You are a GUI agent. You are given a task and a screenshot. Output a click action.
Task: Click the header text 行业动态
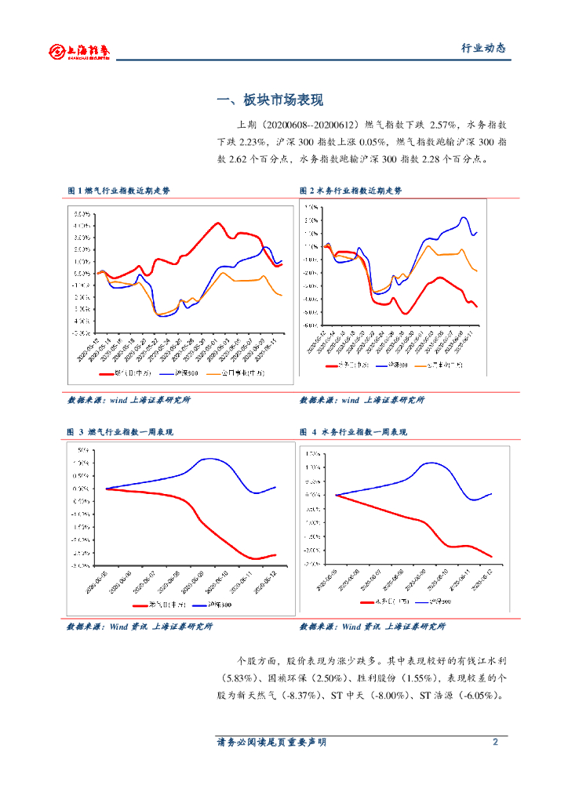(x=482, y=49)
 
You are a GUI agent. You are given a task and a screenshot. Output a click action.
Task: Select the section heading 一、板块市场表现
(x=270, y=100)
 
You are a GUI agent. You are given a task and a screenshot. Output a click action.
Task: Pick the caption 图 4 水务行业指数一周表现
(x=353, y=432)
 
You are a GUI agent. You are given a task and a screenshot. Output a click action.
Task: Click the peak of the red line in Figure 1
(x=217, y=223)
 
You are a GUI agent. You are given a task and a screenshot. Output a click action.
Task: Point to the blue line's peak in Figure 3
(x=209, y=459)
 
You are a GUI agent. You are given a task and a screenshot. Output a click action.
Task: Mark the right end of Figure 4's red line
(x=491, y=557)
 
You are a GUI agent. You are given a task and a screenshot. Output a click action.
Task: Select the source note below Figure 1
(x=129, y=400)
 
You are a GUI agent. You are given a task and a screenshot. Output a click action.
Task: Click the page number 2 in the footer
(x=495, y=742)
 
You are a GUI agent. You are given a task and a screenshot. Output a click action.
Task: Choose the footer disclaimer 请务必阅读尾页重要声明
(x=271, y=742)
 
